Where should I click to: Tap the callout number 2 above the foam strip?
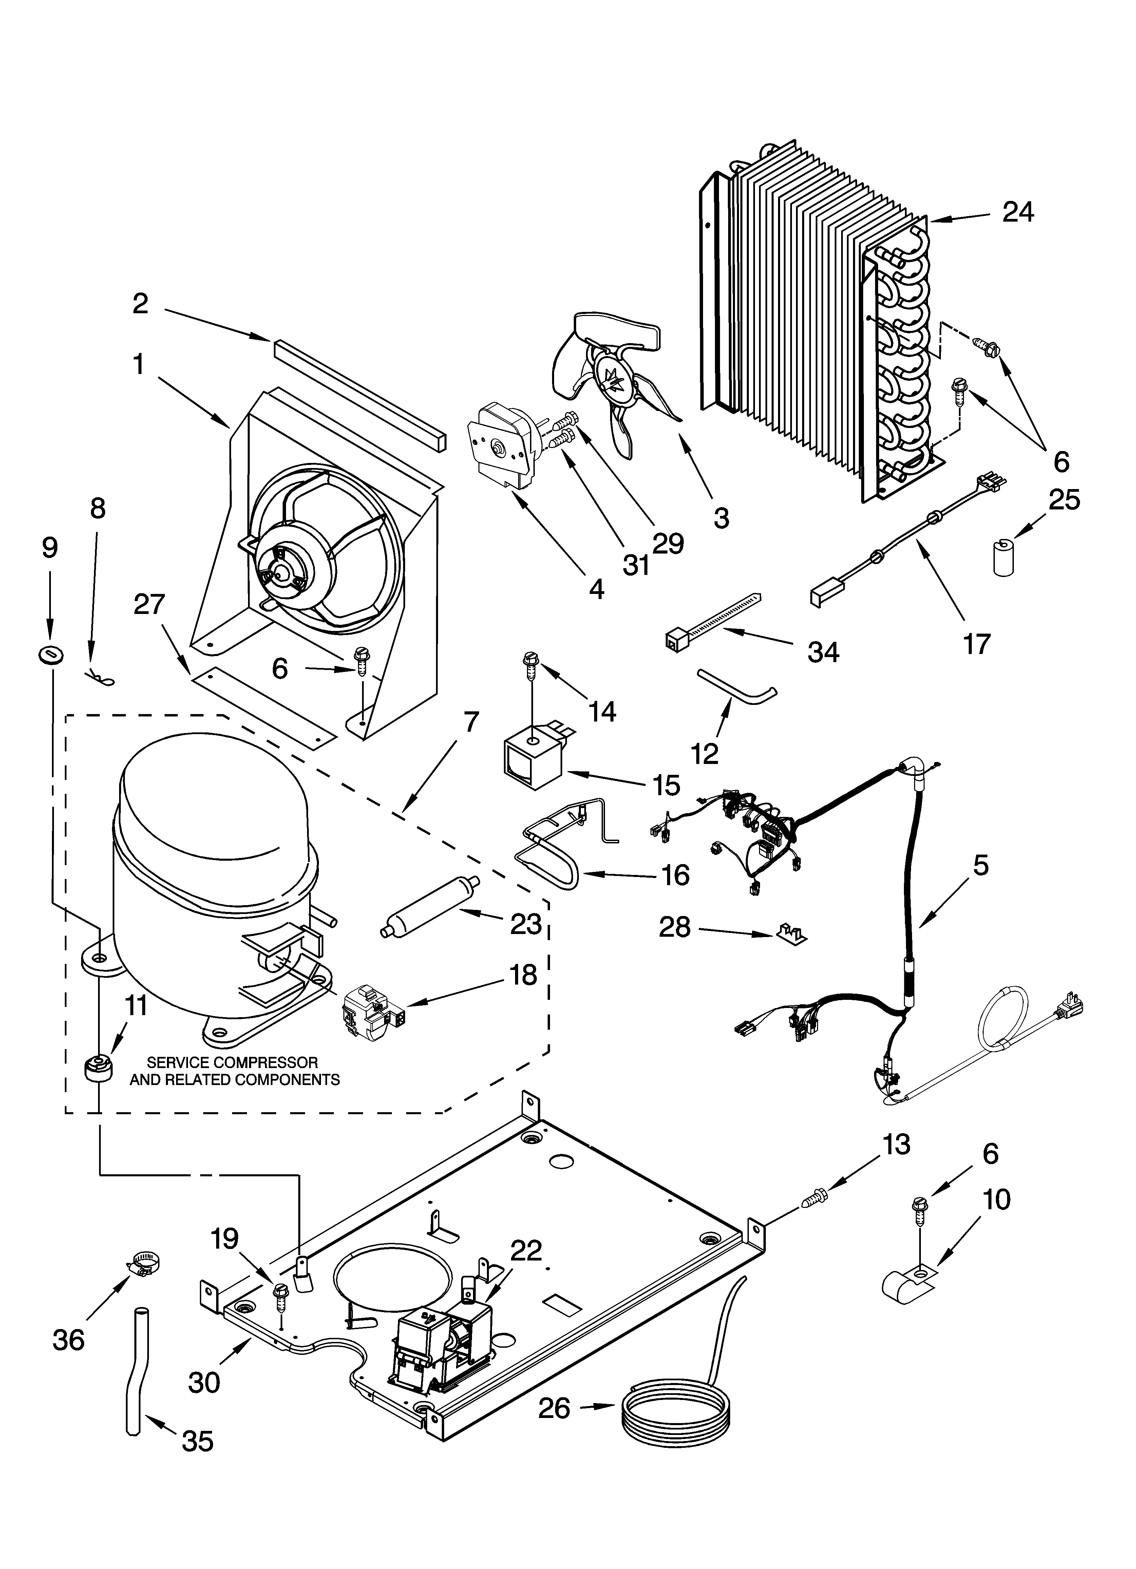click(x=140, y=303)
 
